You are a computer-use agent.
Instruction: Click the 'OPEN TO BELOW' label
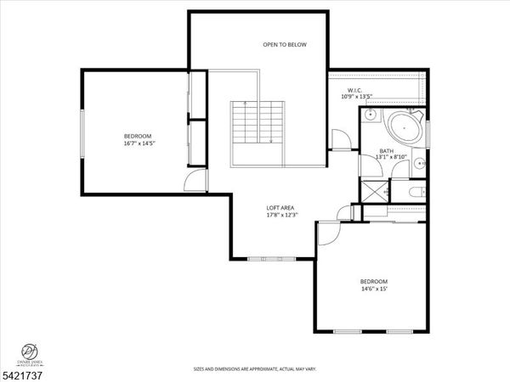284,44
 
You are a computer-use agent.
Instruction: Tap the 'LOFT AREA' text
280,207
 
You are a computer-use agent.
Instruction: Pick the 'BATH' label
387,150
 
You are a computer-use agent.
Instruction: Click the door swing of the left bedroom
196,180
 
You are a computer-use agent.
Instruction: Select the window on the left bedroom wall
82,136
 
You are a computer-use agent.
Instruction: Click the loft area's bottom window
271,256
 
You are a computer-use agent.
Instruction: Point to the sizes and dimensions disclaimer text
254,369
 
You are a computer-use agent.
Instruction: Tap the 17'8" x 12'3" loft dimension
280,215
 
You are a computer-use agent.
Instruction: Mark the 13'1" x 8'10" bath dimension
391,157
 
